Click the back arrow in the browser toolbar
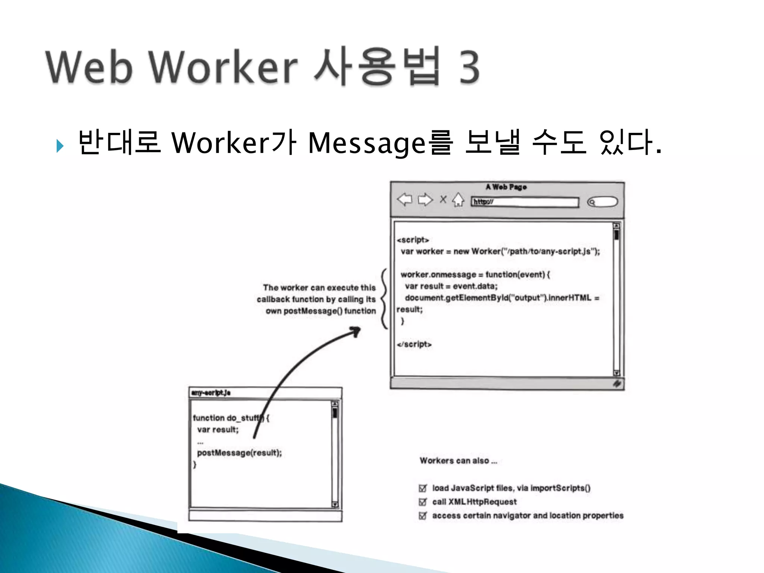point(404,200)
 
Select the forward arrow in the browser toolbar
point(425,200)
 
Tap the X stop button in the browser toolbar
point(443,200)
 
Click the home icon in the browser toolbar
point(458,200)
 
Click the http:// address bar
point(525,202)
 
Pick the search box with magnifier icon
point(602,202)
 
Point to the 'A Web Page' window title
point(506,187)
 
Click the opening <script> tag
point(413,240)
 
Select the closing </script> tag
point(414,344)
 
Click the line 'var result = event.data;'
point(451,286)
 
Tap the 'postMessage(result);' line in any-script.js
point(239,453)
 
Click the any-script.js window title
point(211,393)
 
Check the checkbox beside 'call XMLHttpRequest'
point(423,502)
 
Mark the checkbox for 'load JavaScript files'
point(423,488)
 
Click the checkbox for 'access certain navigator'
point(423,516)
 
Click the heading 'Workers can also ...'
point(458,461)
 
